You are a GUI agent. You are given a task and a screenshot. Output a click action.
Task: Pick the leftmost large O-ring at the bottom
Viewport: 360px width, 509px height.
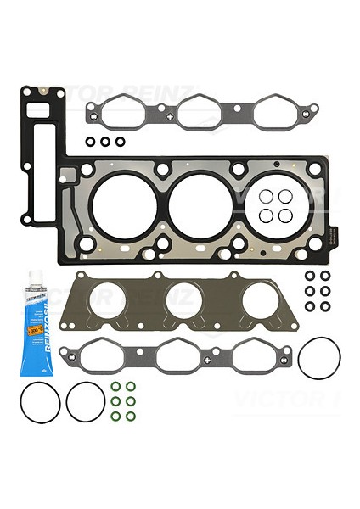point(40,400)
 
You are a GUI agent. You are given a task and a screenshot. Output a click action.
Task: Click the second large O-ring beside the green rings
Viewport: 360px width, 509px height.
point(86,400)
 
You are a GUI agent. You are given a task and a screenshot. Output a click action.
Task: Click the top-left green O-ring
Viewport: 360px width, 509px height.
point(115,387)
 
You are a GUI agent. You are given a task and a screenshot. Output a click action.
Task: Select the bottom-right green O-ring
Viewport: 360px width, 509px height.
point(130,416)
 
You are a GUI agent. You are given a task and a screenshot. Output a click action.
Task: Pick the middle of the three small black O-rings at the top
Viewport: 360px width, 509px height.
point(105,141)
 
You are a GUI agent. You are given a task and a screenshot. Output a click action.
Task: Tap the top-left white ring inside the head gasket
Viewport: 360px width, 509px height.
point(266,197)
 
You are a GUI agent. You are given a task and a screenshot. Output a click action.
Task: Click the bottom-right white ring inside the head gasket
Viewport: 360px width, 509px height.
point(285,215)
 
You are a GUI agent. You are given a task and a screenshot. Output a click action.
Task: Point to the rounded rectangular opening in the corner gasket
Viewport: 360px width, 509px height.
point(38,111)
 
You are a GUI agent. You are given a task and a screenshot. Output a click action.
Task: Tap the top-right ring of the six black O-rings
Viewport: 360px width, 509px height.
point(325,276)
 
